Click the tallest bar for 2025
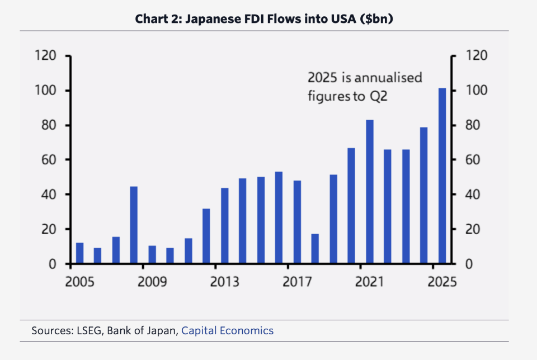point(442,176)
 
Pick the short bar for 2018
point(315,249)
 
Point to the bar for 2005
point(80,253)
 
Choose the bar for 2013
point(225,226)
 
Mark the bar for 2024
point(424,196)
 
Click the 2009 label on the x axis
point(152,281)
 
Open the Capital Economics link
point(227,330)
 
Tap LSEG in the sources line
point(88,330)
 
